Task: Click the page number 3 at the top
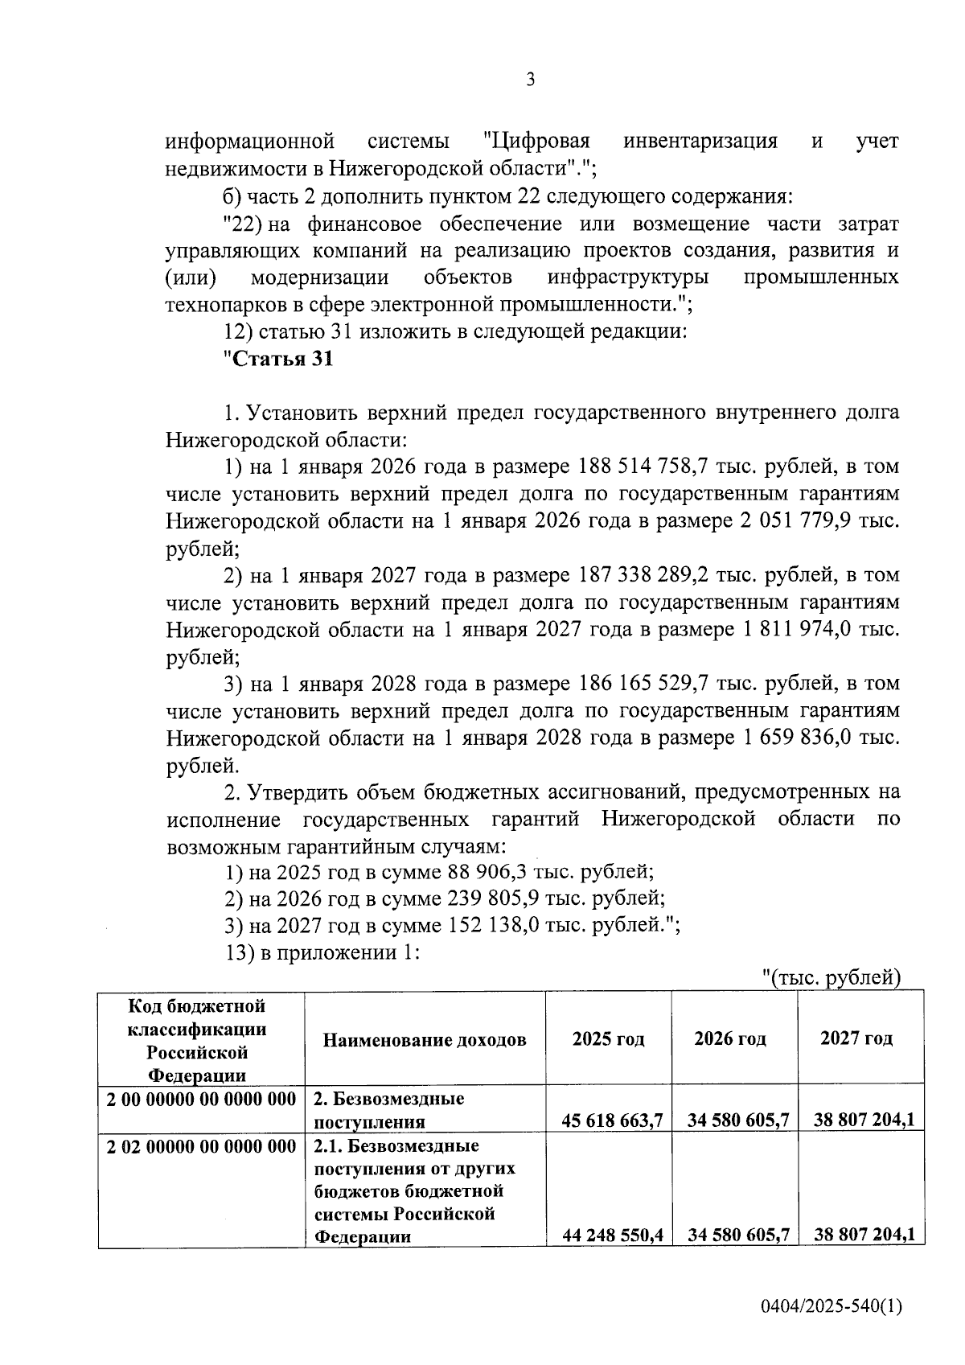click(x=529, y=80)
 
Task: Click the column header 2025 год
click(x=608, y=1039)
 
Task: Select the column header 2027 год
click(x=856, y=1038)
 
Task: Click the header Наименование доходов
click(x=425, y=1040)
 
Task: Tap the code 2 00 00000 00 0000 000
click(x=202, y=1099)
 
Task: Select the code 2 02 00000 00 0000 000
click(x=202, y=1146)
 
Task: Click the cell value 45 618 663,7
click(x=613, y=1120)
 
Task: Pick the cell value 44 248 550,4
click(x=613, y=1235)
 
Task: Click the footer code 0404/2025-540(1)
click(x=832, y=1307)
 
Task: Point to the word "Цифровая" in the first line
click(x=536, y=142)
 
